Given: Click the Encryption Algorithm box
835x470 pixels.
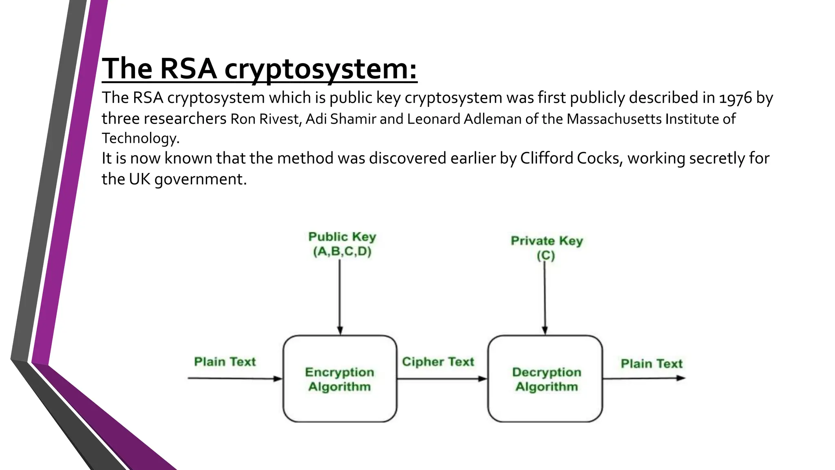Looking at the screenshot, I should [x=340, y=379].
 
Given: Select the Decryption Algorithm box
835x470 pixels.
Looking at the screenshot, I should [x=545, y=379].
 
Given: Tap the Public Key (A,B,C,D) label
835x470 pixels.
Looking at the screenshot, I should [x=342, y=244].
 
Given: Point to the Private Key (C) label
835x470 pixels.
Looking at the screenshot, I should [x=546, y=248].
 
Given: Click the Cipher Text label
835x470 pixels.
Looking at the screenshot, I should [x=438, y=362].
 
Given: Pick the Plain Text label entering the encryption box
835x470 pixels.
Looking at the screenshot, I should [x=225, y=362].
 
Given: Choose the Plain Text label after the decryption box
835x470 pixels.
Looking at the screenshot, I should [x=651, y=364].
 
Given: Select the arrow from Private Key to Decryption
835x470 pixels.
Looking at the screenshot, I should [x=545, y=298].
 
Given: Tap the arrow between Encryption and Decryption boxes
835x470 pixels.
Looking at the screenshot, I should [x=442, y=379].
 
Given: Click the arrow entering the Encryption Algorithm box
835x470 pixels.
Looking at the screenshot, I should [x=235, y=378].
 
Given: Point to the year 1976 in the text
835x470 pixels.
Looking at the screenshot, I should [x=735, y=98].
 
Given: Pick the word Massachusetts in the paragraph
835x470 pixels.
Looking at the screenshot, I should [x=614, y=119].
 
